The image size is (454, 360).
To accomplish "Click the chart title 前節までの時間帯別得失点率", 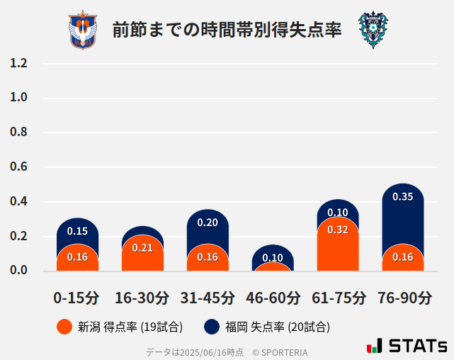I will point(227,30).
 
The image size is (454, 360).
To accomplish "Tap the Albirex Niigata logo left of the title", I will point(83,30).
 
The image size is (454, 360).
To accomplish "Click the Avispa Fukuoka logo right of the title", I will point(373,30).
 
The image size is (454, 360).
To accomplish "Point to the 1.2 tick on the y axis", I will point(18,63).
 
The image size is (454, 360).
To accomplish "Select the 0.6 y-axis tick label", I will point(18,167).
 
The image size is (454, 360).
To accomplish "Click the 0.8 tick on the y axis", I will point(18,133).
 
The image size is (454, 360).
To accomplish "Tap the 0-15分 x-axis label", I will point(76,297).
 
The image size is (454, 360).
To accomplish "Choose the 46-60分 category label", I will point(273,297).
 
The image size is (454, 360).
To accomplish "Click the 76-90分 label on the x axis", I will point(404,297).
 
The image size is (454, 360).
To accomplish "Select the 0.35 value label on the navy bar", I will point(403,197).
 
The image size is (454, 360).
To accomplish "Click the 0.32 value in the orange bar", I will point(338,230).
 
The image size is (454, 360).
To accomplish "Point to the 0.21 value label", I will point(142,247).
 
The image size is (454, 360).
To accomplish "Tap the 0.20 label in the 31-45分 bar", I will point(208,223).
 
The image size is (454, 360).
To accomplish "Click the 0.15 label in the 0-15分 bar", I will point(77,231).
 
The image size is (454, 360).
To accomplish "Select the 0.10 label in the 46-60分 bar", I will point(273,258).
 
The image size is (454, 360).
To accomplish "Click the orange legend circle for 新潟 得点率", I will point(64,327).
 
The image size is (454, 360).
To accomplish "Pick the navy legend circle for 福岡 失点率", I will point(211,327).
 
